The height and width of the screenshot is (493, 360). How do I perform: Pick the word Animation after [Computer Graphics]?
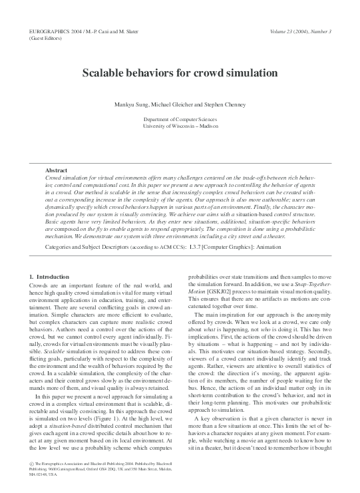pyautogui.click(x=298, y=246)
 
